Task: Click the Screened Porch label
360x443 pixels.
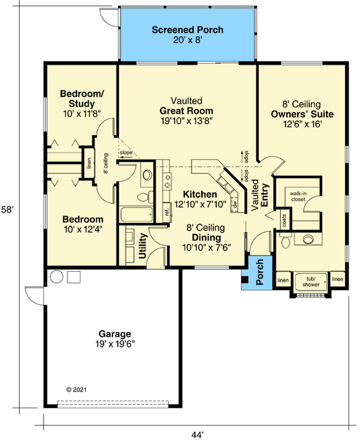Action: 188,30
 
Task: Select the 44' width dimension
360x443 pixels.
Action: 197,435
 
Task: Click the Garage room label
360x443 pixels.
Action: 114,333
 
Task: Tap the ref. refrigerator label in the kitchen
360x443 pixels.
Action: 166,211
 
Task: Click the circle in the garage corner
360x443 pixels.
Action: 56,277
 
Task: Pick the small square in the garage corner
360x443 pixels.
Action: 73,277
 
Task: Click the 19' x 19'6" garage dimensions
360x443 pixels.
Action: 114,344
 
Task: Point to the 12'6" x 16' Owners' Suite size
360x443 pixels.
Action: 301,124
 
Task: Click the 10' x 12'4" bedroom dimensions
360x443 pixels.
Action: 81,228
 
